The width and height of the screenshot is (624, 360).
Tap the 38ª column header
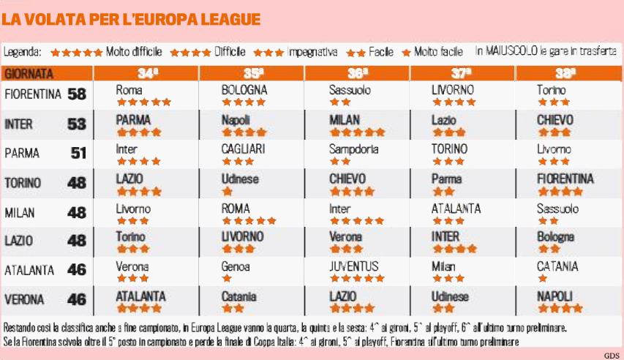tap(566, 73)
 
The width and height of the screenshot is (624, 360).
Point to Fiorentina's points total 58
tap(76, 94)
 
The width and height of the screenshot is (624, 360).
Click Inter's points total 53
tap(76, 124)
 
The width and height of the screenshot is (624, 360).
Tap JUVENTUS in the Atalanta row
tap(354, 266)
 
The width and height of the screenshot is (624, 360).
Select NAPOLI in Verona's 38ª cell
tap(555, 296)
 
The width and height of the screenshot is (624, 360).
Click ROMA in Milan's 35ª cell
tap(236, 208)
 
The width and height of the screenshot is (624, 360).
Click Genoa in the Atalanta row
tap(237, 266)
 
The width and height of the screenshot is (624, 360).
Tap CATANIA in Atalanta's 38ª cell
tap(557, 266)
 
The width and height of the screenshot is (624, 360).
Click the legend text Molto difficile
tap(134, 53)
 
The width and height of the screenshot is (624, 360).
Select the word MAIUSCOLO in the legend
tap(516, 52)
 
